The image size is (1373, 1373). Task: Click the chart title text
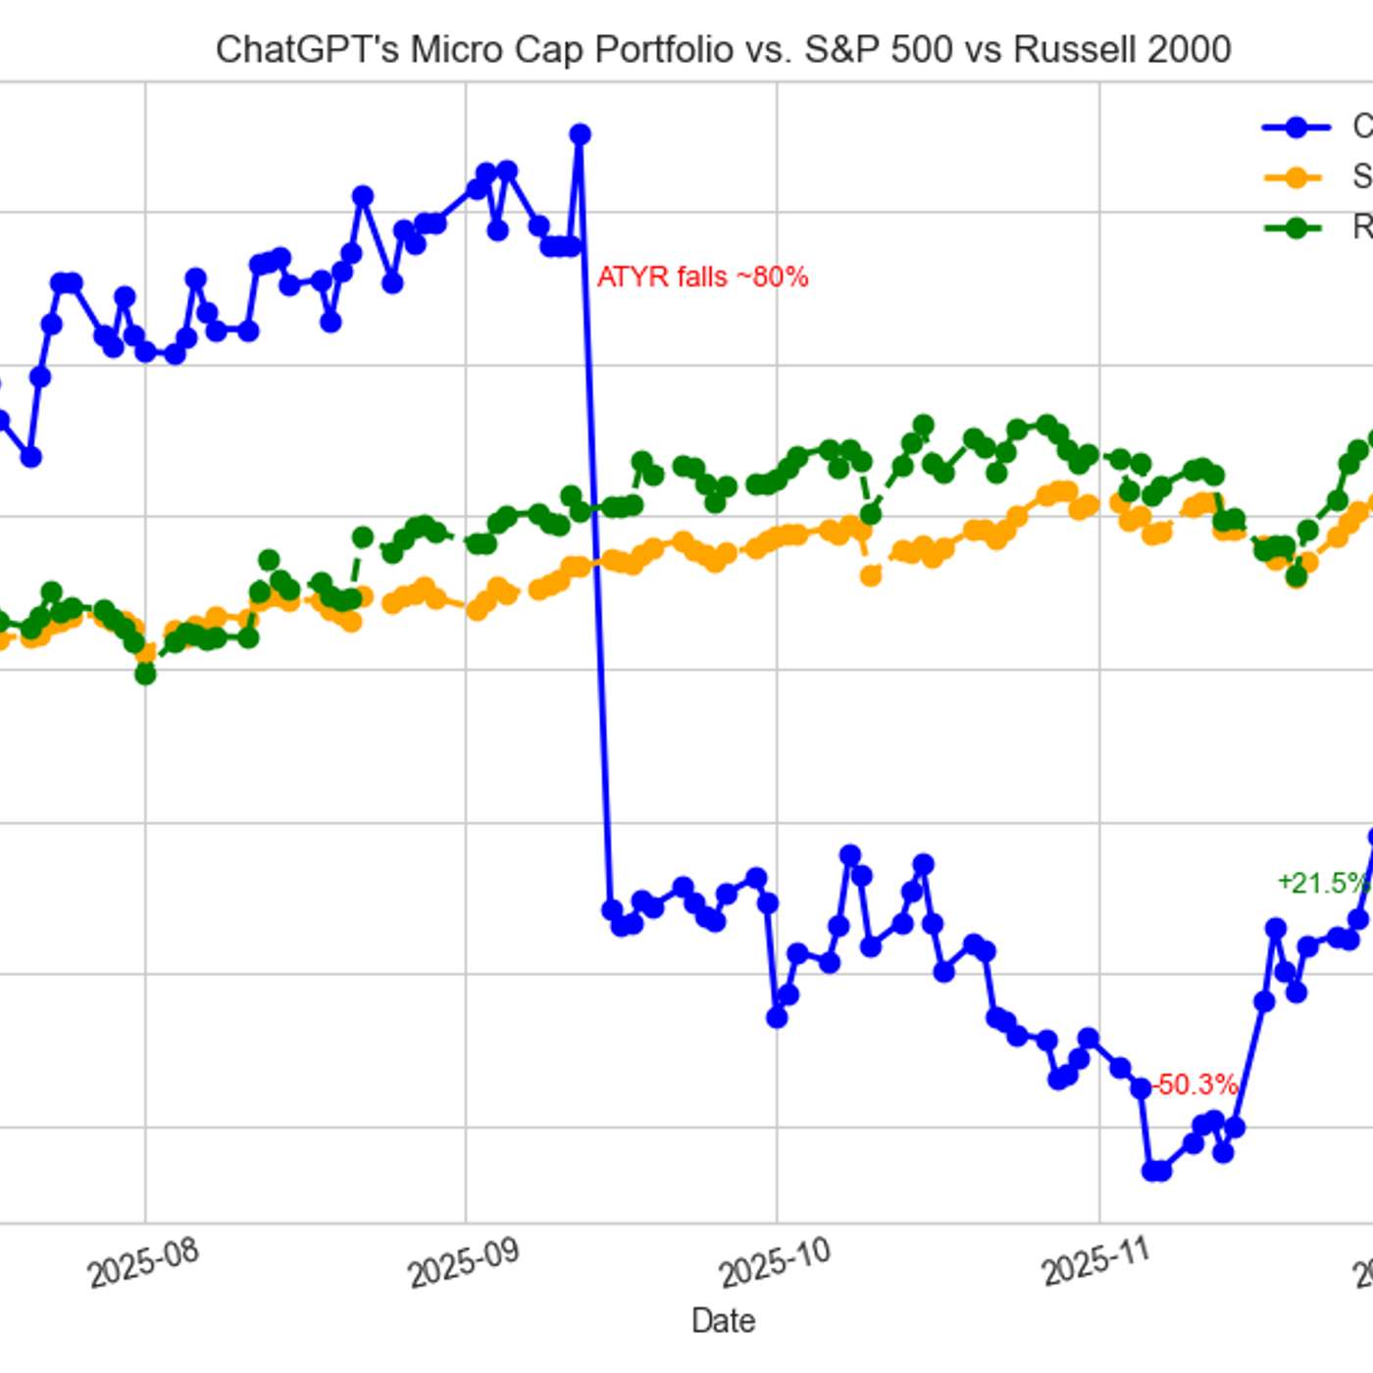pos(723,49)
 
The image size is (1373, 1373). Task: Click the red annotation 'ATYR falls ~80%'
pos(702,278)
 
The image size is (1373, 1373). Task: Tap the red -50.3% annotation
pos(1195,1085)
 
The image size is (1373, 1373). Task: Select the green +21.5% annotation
pos(1322,883)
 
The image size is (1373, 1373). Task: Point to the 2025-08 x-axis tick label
pos(143,1263)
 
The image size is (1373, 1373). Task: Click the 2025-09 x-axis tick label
pos(463,1263)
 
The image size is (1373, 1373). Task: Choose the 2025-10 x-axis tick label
pos(775,1263)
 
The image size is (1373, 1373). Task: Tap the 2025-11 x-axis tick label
pos(1096,1263)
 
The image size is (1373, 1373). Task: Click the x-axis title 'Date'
pos(723,1320)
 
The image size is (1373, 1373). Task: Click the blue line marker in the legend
pos(1296,127)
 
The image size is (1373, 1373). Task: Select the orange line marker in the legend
pos(1296,178)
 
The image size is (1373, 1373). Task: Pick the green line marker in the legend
pos(1296,229)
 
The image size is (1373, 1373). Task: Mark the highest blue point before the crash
pos(580,134)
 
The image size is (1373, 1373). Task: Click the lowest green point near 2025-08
pos(145,674)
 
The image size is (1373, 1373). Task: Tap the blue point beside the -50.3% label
pos(1141,1089)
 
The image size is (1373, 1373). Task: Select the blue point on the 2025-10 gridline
pos(777,1018)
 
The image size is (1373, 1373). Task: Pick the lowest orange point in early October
pos(870,577)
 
